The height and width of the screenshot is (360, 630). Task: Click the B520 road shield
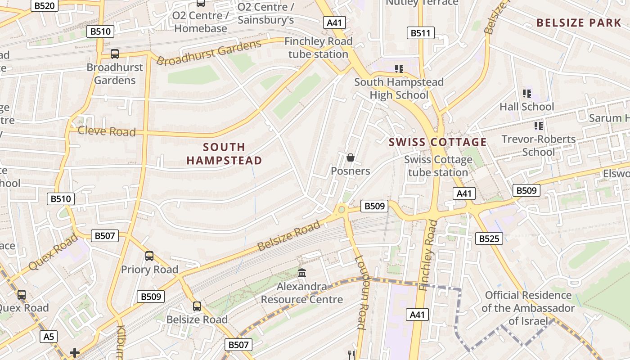[x=45, y=6]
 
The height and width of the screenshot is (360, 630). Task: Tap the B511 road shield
[x=421, y=33]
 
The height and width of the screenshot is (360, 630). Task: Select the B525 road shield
[x=489, y=238]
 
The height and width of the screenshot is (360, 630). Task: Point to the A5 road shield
[x=49, y=336]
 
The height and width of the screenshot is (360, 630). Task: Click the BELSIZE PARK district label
[x=579, y=23]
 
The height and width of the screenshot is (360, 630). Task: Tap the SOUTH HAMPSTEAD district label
[x=224, y=154]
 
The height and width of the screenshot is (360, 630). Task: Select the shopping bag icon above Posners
[x=350, y=157]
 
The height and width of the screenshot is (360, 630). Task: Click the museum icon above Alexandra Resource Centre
[x=302, y=273]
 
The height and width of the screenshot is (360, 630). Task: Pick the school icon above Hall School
[x=526, y=94]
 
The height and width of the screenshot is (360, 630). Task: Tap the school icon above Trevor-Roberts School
[x=538, y=126]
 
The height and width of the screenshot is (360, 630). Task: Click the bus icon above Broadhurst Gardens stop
[x=115, y=54]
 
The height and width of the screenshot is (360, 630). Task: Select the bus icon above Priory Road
[x=149, y=256]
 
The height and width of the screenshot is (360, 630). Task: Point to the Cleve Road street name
[x=107, y=131]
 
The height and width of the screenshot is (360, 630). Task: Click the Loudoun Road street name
[x=361, y=292]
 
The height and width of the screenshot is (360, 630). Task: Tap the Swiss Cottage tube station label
[x=438, y=166]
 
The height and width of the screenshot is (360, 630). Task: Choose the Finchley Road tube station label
[x=318, y=48]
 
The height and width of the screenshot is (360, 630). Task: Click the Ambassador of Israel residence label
[x=528, y=308]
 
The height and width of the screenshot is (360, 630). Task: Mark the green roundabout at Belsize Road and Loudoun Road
[x=342, y=209]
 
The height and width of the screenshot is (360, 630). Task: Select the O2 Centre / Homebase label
[x=200, y=22]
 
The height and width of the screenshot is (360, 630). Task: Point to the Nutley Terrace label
[x=422, y=3]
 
